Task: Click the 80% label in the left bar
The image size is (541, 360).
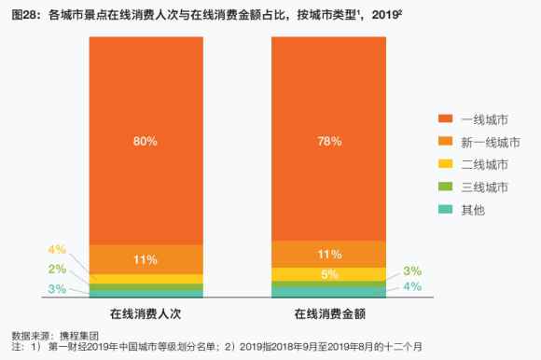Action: point(146,141)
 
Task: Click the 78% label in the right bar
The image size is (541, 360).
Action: point(328,141)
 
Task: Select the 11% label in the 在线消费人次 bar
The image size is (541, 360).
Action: point(146,258)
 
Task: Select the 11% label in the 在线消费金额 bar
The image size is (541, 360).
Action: point(328,254)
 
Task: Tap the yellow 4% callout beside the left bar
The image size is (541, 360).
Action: point(57,249)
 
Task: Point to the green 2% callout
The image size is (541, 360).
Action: point(57,269)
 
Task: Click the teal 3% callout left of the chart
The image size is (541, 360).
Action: point(57,289)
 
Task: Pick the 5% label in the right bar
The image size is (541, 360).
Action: point(328,274)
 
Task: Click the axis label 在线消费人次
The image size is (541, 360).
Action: point(145,312)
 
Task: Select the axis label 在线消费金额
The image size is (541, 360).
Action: point(328,312)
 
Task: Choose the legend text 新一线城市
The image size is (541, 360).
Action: point(491,142)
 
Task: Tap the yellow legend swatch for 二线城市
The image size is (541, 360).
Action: point(445,165)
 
